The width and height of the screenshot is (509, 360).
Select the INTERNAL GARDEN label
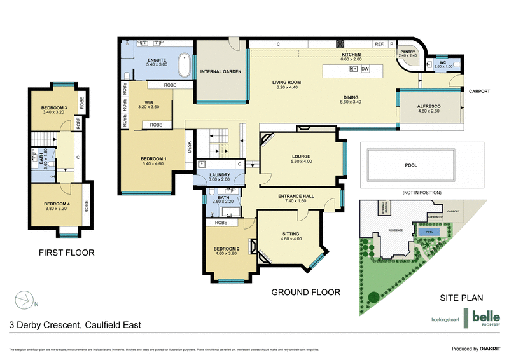pyautogui.click(x=220, y=72)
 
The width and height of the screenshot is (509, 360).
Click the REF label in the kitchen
pyautogui.click(x=379, y=44)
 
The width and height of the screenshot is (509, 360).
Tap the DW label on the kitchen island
pyautogui.click(x=365, y=69)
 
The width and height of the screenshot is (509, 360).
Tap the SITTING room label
pyautogui.click(x=290, y=235)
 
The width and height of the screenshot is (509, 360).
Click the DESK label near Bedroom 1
pyautogui.click(x=189, y=147)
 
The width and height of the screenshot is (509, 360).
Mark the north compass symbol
pyautogui.click(x=25, y=298)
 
